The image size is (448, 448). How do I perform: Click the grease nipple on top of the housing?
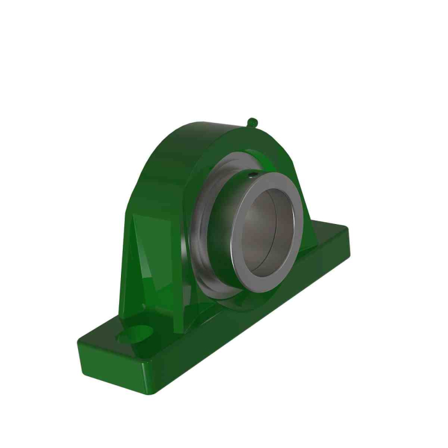[253, 121]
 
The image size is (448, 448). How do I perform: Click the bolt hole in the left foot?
[141, 333]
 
